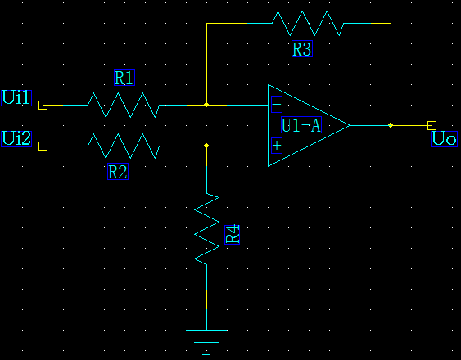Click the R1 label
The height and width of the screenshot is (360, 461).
(x=124, y=78)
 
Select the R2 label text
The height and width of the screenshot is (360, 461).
(x=118, y=172)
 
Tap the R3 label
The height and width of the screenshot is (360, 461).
(x=302, y=49)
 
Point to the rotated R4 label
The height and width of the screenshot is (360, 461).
(x=233, y=235)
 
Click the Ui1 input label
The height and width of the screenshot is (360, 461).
(x=16, y=98)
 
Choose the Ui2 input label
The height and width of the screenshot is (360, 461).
(x=16, y=139)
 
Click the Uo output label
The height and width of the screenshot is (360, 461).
(x=445, y=139)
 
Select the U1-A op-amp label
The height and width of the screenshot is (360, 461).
(x=301, y=125)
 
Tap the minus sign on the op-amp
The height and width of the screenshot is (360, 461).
(x=277, y=105)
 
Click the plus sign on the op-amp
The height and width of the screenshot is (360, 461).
(x=277, y=146)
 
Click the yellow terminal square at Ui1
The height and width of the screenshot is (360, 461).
(x=43, y=105)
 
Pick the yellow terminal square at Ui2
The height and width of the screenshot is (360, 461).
(x=43, y=146)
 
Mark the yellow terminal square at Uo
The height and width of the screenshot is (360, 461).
(x=432, y=125)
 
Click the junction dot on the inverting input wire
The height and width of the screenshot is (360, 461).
(x=206, y=105)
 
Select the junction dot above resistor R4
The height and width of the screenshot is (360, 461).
(x=206, y=146)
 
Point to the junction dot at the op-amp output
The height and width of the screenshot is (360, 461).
(x=391, y=125)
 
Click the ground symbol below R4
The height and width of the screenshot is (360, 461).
(x=206, y=342)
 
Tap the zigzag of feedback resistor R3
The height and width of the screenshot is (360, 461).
(x=308, y=23)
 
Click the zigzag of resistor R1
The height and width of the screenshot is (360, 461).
(x=124, y=105)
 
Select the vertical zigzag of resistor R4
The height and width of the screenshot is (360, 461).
(x=206, y=228)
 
